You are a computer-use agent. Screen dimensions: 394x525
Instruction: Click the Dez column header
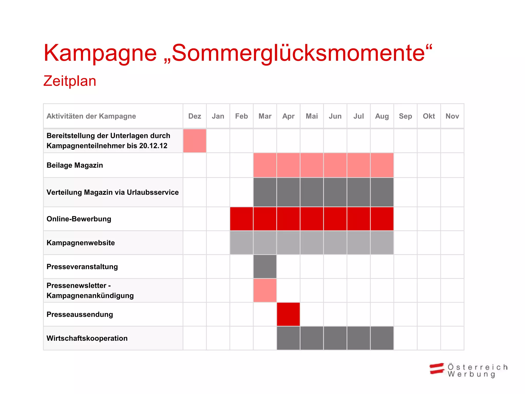point(195,116)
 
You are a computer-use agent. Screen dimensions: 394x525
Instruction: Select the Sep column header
point(405,116)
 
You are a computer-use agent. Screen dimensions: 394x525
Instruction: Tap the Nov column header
point(452,116)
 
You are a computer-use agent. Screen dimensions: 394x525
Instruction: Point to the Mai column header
point(312,116)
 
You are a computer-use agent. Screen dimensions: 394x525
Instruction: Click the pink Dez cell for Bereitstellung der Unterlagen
point(195,141)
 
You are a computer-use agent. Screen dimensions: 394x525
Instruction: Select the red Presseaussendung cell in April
point(288,314)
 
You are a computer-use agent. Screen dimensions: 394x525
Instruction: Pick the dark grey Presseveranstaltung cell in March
point(265,267)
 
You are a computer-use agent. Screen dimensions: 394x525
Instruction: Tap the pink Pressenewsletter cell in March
point(265,290)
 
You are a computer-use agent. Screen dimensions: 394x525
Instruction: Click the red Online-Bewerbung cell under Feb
point(241,219)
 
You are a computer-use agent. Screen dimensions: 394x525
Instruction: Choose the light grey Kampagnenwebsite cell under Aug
point(382,243)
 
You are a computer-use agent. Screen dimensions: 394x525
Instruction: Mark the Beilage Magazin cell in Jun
point(335,165)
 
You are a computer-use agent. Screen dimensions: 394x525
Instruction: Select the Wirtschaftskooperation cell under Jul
point(359,338)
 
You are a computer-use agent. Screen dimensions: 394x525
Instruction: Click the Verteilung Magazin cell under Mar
point(265,192)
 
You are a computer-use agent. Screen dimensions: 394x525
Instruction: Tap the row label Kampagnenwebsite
point(81,243)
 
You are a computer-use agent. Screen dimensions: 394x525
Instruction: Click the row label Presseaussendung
point(80,314)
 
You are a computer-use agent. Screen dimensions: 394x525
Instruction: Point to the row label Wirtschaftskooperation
point(87,338)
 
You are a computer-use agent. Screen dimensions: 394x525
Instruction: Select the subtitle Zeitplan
point(70,81)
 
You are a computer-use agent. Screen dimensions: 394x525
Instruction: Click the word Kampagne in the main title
point(100,53)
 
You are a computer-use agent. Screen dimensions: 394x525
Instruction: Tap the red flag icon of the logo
point(437,369)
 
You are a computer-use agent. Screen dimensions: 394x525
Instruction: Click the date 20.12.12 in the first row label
point(153,146)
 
